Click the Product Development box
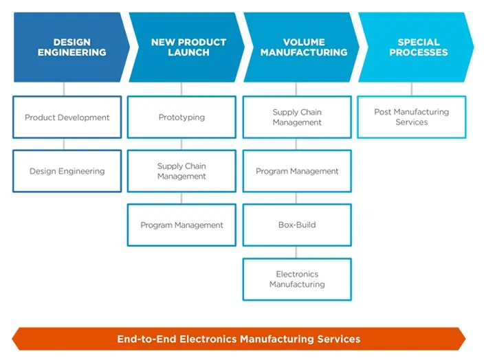tap(67, 117)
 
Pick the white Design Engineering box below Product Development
tap(67, 171)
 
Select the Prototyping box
tap(181, 117)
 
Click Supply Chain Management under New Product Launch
tap(181, 171)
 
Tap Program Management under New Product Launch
tap(181, 225)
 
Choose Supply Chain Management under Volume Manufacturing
tap(297, 117)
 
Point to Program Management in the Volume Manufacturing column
tap(297, 171)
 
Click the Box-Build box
tap(297, 225)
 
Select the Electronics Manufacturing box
tap(297, 279)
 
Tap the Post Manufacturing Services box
tap(411, 117)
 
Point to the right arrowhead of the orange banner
tap(461, 339)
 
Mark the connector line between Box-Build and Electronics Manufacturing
tap(296, 251)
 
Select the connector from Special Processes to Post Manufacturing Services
tap(412, 89)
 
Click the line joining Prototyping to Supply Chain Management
tap(181, 144)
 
